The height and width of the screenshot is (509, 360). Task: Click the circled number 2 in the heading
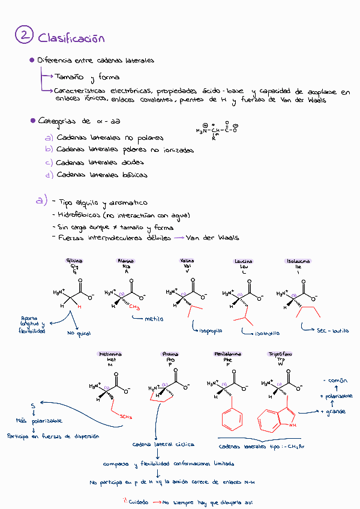[x=24, y=36]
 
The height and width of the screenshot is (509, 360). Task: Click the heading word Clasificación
[x=71, y=38]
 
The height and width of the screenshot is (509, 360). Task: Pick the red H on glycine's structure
[x=79, y=306]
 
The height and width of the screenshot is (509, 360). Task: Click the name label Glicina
[x=75, y=261]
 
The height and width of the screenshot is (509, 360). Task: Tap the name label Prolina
[x=170, y=354]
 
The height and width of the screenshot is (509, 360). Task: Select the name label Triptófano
[x=280, y=354]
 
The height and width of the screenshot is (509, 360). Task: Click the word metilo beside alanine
[x=154, y=319]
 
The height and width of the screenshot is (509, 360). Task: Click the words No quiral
[x=79, y=333]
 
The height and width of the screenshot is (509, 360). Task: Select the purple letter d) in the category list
[x=49, y=175]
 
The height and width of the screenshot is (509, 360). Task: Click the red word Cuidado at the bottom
[x=138, y=500]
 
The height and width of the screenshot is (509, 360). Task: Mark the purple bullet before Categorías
[x=32, y=121]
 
